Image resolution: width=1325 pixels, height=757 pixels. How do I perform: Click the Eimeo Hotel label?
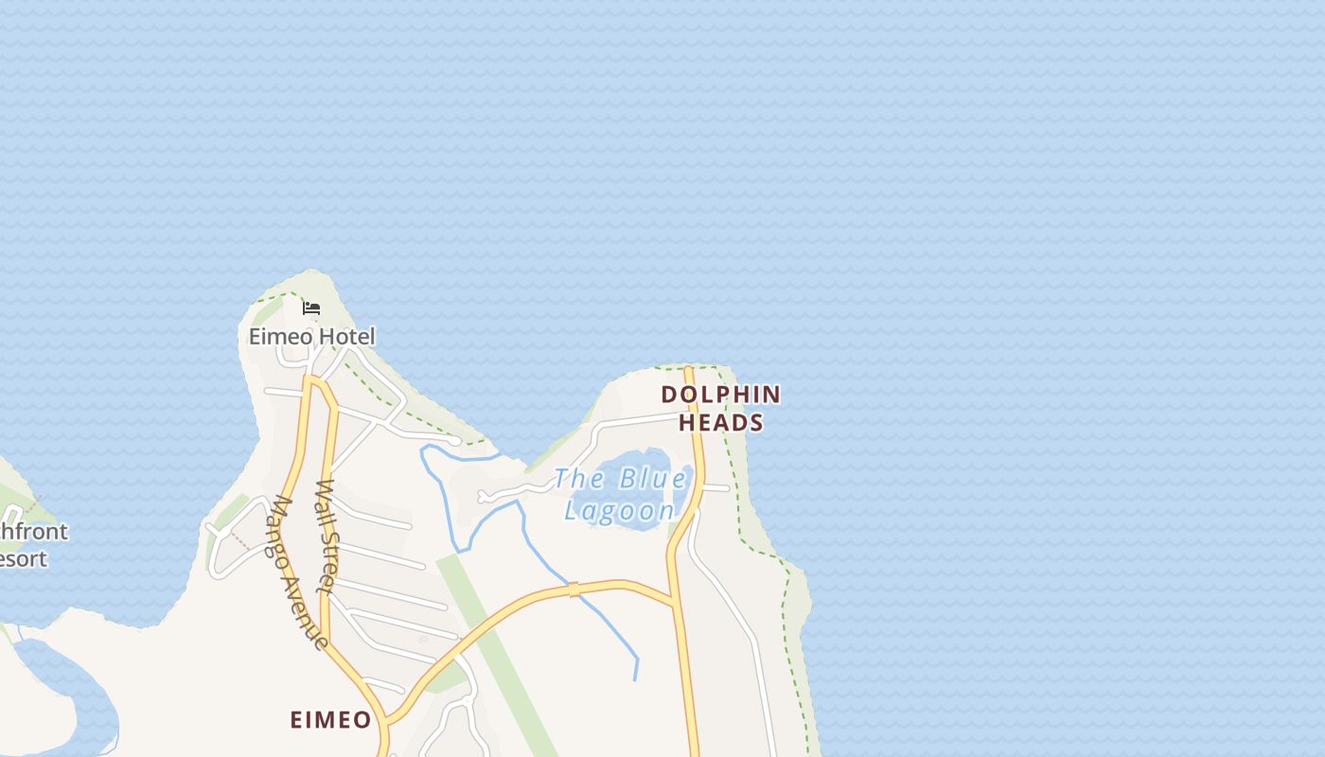[x=311, y=336]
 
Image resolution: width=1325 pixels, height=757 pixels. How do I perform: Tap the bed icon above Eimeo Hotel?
[x=311, y=308]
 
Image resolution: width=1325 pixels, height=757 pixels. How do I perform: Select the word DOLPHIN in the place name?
[x=721, y=395]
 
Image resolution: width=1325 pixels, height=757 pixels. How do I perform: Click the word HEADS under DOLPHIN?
[x=721, y=423]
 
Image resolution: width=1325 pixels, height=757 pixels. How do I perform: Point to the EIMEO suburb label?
[x=330, y=720]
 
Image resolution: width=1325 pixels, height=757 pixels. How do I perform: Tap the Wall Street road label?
[x=327, y=537]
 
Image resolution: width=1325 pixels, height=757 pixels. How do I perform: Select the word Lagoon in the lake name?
[x=620, y=511]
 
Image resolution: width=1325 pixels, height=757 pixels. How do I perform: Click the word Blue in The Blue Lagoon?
[x=652, y=479]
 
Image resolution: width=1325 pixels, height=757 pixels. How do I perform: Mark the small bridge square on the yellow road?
[x=573, y=590]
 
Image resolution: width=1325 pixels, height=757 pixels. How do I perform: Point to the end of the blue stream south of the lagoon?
[x=635, y=679]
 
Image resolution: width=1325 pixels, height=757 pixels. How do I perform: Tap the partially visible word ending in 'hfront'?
[x=34, y=531]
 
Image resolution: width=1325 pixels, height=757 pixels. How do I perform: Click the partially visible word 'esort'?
[x=23, y=558]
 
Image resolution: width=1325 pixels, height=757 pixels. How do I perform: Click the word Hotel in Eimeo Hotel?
[x=346, y=336]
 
